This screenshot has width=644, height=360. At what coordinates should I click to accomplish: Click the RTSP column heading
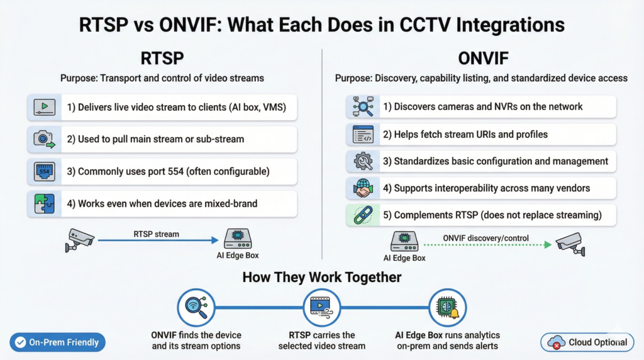point(162,57)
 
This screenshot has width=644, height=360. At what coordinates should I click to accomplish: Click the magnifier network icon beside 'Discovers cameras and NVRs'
point(364,107)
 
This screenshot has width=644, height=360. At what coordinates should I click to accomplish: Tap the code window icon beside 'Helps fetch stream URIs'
point(364,134)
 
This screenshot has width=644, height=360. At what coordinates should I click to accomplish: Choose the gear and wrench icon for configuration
point(364,161)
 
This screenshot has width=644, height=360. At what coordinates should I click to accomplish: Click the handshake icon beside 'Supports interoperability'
point(364,188)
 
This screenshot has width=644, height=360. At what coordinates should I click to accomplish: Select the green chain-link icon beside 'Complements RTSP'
point(364,215)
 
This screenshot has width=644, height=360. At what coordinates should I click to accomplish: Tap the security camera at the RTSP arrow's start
point(80,240)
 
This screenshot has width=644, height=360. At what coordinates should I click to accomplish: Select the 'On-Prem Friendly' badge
point(57,342)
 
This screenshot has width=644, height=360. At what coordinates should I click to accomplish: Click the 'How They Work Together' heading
point(321,277)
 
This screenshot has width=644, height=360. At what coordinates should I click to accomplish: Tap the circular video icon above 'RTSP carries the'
point(321,307)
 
